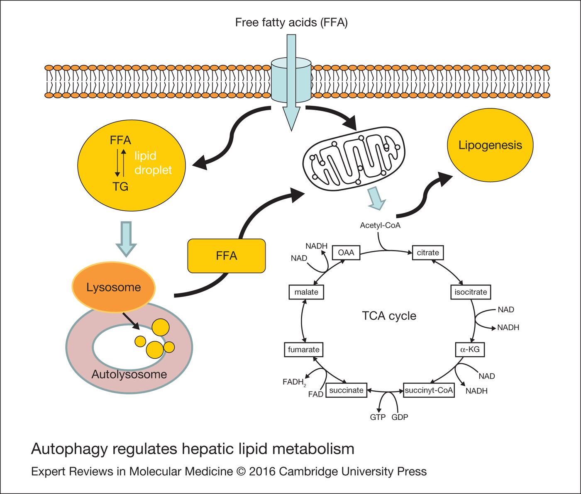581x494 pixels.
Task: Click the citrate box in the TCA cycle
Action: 428,253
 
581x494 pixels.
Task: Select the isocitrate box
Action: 471,292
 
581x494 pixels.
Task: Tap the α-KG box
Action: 470,350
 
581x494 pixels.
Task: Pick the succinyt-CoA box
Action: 429,390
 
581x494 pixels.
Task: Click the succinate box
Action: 346,390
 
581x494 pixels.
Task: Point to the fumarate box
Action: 303,350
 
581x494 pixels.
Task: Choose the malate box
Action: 306,292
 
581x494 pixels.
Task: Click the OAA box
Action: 346,253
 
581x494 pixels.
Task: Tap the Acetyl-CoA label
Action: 380,225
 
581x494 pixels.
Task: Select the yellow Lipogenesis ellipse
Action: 490,145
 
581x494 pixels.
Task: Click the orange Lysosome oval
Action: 113,287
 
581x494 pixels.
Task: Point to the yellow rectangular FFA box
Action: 227,256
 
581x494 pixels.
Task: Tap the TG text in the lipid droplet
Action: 120,187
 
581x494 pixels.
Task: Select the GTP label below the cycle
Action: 378,417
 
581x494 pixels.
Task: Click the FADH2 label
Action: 294,382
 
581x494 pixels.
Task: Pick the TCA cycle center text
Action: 389,316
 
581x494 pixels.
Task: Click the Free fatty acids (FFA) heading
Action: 291,22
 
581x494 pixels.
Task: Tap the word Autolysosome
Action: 129,374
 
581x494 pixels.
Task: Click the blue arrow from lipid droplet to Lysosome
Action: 126,239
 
